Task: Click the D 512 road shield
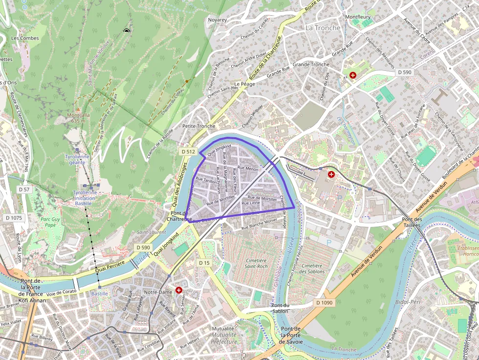tap(188, 152)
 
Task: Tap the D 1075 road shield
tap(13, 218)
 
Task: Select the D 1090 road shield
tap(324, 303)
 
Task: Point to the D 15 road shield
tap(204, 263)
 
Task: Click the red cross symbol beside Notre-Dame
tap(179, 290)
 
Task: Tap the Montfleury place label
tap(358, 17)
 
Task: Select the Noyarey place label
tap(218, 20)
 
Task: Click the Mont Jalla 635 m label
tap(78, 118)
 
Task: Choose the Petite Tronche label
tap(198, 126)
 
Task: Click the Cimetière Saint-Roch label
tap(256, 264)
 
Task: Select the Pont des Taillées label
tap(412, 223)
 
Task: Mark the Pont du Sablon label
tap(280, 309)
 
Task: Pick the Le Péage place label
tap(244, 84)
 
